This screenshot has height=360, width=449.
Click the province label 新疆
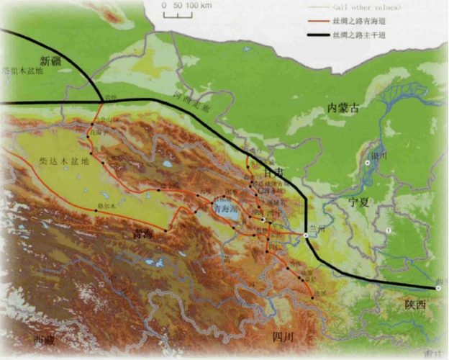tap(50, 60)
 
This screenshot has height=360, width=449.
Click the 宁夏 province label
tap(358, 202)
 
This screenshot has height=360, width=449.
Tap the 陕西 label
tap(415, 305)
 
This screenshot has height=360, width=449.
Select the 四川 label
tap(284, 337)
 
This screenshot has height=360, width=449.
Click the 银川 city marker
tap(367, 163)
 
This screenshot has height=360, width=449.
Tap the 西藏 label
tap(44, 339)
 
